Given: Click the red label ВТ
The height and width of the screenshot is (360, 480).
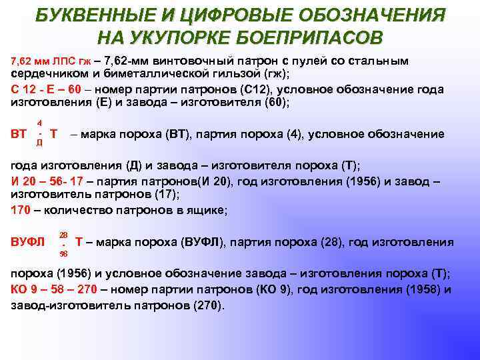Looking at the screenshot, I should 19,133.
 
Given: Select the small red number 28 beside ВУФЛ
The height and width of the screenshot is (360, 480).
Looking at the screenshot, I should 63,234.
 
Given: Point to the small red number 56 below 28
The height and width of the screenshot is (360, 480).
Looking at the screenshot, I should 63,253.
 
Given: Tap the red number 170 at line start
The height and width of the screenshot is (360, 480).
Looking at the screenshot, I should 21,211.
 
